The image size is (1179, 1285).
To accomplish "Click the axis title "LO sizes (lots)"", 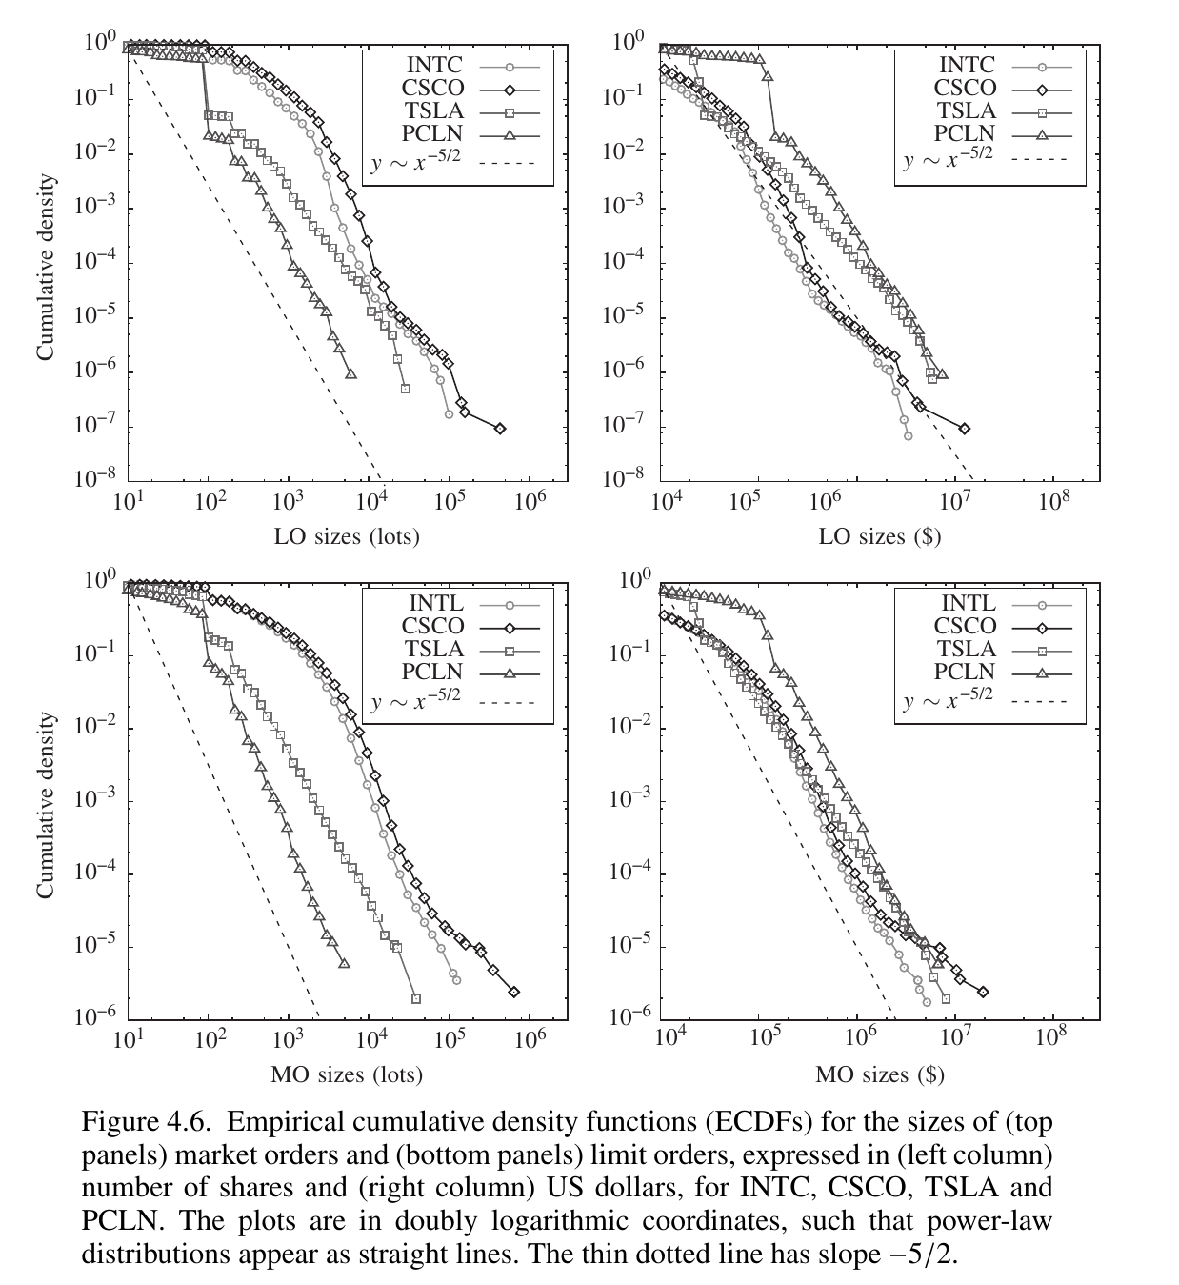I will pyautogui.click(x=347, y=536).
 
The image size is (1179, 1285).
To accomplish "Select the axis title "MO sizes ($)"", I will pyautogui.click(x=879, y=1074).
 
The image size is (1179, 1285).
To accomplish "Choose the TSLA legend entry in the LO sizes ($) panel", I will pyautogui.click(x=968, y=111).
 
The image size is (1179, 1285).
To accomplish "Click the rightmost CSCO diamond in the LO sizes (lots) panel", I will pyautogui.click(x=500, y=429).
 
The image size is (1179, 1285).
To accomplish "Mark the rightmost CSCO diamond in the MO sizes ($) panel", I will pyautogui.click(x=983, y=992).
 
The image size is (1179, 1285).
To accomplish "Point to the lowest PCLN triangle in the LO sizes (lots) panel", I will pyautogui.click(x=351, y=374).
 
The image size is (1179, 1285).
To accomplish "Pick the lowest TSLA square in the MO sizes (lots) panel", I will pyautogui.click(x=416, y=998).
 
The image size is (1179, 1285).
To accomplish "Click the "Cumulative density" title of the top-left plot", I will pyautogui.click(x=45, y=268).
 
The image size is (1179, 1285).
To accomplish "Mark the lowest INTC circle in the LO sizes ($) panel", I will pyautogui.click(x=908, y=435).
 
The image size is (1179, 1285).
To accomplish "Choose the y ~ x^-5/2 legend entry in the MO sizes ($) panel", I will pyautogui.click(x=948, y=702).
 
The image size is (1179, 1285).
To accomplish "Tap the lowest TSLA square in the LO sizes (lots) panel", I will pyautogui.click(x=405, y=389).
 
